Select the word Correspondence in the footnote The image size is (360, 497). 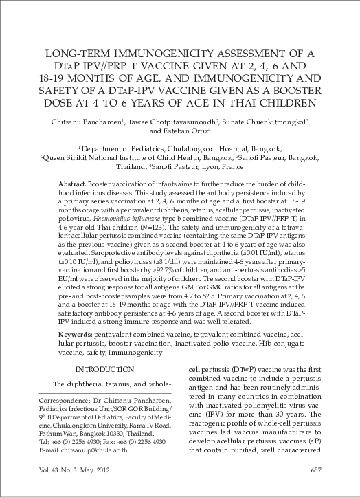click(x=63, y=399)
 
